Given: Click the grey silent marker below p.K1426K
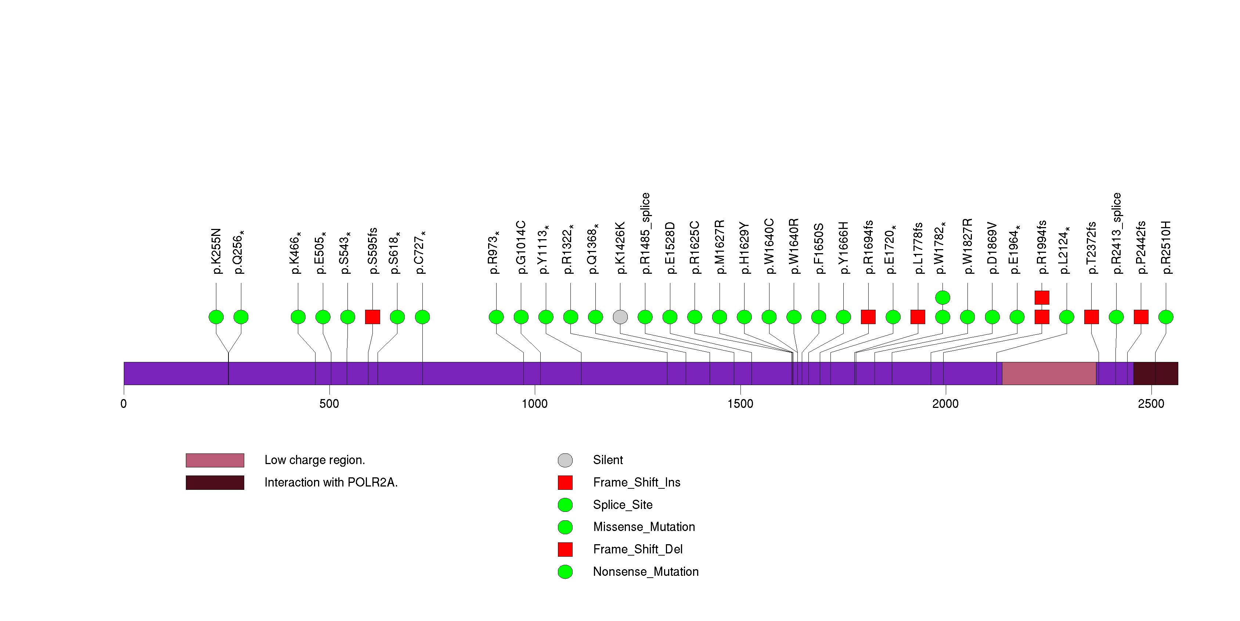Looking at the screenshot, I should coord(620,317).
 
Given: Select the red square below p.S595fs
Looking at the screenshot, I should coord(372,317).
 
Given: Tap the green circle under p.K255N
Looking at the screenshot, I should coord(216,317).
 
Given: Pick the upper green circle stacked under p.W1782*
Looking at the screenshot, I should coord(942,298).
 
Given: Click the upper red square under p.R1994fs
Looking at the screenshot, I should coord(1042,298).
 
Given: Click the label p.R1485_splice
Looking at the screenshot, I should coord(645,233).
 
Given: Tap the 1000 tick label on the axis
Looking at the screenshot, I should coord(534,403).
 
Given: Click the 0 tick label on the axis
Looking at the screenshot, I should coord(124,403).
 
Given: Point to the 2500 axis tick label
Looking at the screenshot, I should coord(1151,403).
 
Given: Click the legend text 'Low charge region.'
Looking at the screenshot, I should coord(314,460).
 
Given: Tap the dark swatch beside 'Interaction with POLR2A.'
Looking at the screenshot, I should coord(215,482).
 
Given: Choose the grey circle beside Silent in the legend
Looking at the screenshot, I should coord(565,460).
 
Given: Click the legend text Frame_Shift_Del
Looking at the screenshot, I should coord(637,549).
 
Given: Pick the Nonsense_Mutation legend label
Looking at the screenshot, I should coord(645,571).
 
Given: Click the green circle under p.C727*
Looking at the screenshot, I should coord(422,317).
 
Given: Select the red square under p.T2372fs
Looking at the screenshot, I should coord(1091,317).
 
